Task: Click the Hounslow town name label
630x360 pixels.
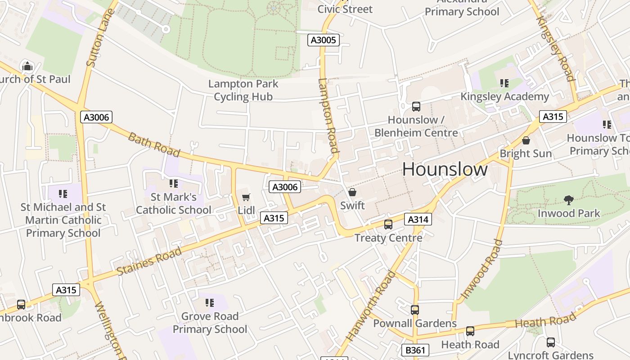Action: coord(445,169)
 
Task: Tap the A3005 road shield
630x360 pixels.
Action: coord(323,40)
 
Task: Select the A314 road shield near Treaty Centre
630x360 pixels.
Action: coord(418,219)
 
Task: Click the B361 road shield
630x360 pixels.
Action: coord(415,350)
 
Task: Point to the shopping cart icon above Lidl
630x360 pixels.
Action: coord(246,197)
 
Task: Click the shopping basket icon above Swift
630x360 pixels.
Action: coord(352,192)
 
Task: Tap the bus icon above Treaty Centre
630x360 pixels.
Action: coord(388,224)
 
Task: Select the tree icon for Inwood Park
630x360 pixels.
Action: coord(569,200)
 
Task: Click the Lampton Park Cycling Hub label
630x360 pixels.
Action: coord(243,90)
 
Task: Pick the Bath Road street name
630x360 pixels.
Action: coord(154,144)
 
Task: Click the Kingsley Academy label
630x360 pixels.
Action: coord(504,96)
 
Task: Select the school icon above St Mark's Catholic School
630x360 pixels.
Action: coord(173,184)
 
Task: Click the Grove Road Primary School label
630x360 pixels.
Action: coord(210,323)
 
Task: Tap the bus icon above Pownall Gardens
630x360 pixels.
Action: coord(415,310)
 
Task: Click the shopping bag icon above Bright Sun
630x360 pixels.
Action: coord(526,140)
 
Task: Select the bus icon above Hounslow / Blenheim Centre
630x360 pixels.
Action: coord(416,107)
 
